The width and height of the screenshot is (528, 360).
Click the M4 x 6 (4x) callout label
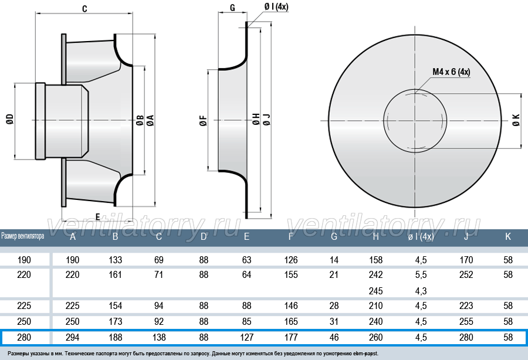(x=451, y=72)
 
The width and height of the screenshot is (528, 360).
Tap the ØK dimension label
(x=516, y=120)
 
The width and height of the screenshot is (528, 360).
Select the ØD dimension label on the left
(x=10, y=119)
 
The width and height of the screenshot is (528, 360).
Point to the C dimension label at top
(x=84, y=8)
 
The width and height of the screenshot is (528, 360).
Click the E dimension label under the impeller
(x=97, y=217)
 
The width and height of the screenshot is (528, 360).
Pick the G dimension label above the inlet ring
(x=232, y=8)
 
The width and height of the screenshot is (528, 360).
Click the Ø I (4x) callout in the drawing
(x=276, y=6)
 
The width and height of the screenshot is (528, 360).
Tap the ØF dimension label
(x=204, y=120)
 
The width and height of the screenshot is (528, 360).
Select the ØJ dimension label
(x=267, y=120)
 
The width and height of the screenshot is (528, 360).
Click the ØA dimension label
(x=150, y=120)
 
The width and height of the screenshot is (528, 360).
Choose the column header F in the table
(x=291, y=236)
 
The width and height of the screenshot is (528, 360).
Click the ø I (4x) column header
(x=421, y=237)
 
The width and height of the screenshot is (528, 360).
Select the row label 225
(x=24, y=305)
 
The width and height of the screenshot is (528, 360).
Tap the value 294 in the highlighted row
(x=72, y=337)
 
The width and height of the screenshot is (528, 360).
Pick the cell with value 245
(x=376, y=291)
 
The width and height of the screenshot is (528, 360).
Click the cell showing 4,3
(x=421, y=291)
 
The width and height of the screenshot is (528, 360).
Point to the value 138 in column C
(x=158, y=337)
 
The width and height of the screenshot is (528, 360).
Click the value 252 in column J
(x=466, y=275)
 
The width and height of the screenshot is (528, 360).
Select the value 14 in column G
(x=334, y=260)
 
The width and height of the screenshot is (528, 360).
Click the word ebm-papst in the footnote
(x=365, y=354)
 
